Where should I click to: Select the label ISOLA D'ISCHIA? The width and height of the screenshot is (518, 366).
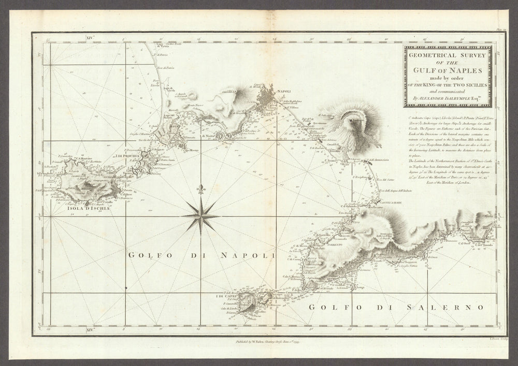pos(88,209)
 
